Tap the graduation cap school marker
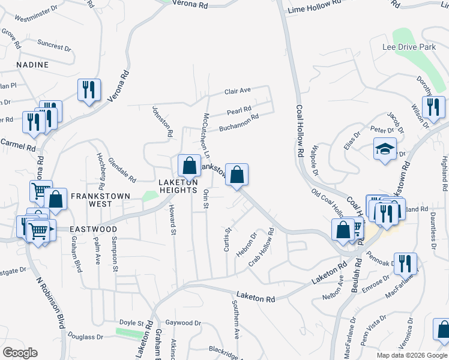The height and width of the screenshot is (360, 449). pyautogui.click(x=385, y=149)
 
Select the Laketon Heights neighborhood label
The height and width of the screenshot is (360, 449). pyautogui.click(x=178, y=186)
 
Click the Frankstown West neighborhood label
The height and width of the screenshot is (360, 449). pyautogui.click(x=92, y=200)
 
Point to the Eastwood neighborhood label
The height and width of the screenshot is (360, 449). pyautogui.click(x=92, y=229)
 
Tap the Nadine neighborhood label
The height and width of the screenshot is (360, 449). pyautogui.click(x=32, y=64)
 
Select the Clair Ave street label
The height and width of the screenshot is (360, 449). pyautogui.click(x=237, y=91)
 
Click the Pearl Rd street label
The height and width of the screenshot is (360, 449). pyautogui.click(x=238, y=110)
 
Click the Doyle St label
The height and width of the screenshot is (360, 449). pyautogui.click(x=131, y=323)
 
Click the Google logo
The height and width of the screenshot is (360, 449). pyautogui.click(x=20, y=353)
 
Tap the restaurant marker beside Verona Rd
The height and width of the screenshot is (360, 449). pyautogui.click(x=89, y=90)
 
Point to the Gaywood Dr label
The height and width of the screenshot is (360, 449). pyautogui.click(x=183, y=323)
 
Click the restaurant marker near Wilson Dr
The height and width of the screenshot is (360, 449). pyautogui.click(x=432, y=107)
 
